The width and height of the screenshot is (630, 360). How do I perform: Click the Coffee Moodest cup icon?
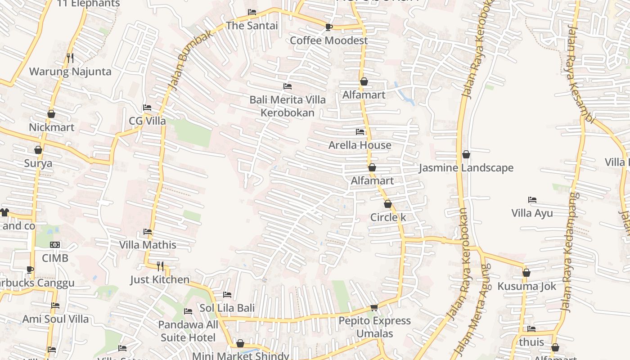point(328,27)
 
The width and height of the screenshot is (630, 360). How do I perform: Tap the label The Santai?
point(252,26)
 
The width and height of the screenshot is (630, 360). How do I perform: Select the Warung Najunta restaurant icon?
point(70,58)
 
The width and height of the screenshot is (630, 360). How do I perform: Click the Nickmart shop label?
point(51,127)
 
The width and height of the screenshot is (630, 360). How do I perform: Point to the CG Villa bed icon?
point(147,108)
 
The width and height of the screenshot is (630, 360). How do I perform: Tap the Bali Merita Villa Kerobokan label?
point(288,106)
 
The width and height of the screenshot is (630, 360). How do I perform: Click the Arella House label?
point(360,145)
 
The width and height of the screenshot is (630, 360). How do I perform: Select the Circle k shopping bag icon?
point(387,204)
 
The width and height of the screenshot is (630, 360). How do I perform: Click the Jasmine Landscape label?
point(466,168)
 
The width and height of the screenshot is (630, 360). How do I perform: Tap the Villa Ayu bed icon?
point(532,199)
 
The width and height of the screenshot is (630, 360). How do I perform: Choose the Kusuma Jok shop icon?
point(526,273)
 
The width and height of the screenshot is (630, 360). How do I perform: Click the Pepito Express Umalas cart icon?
point(374,307)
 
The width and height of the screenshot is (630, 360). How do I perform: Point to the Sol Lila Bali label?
point(227,308)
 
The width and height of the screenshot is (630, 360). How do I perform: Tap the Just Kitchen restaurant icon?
point(160,266)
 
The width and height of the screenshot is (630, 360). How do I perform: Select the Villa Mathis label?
point(148,245)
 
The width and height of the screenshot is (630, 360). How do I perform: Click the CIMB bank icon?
point(55,245)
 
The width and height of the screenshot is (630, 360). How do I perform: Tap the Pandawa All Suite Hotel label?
point(188,331)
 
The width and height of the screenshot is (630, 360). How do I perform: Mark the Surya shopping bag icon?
point(38,150)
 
